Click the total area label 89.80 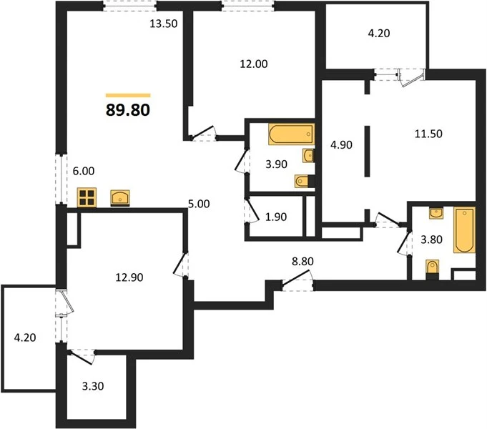click(x=128, y=110)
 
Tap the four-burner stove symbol click(x=87, y=197)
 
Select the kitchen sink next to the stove click(x=120, y=198)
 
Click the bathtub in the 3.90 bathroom click(x=291, y=134)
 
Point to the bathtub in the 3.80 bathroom click(x=464, y=230)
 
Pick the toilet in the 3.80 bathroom click(x=433, y=270)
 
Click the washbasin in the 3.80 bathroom click(x=436, y=213)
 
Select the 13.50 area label click(x=164, y=24)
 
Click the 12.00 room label click(x=254, y=64)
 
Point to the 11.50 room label click(x=428, y=134)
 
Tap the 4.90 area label click(x=341, y=144)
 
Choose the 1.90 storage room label click(x=276, y=217)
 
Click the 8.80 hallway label click(x=302, y=262)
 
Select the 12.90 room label click(x=129, y=277)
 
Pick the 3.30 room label click(x=93, y=386)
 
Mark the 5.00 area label click(x=199, y=204)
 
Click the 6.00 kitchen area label click(x=84, y=171)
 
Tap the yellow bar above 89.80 click(x=128, y=95)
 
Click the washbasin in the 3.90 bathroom click(x=308, y=156)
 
